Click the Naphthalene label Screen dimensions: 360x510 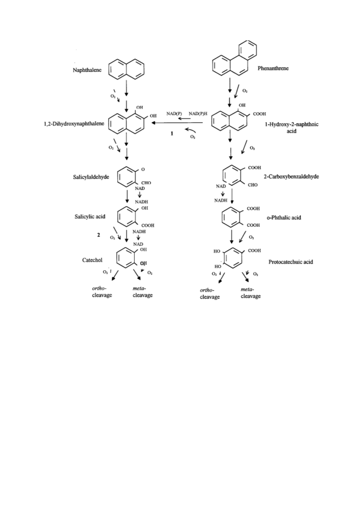point(87,70)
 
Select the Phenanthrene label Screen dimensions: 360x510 point(273,68)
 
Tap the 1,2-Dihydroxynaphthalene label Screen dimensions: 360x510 point(74,124)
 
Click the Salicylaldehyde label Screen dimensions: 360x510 point(91,177)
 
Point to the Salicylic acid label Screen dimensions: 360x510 point(90,217)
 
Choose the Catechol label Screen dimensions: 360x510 point(92,260)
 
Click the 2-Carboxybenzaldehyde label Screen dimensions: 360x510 point(291,177)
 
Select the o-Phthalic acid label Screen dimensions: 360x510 point(284,218)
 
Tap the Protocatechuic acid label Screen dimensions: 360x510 point(291,262)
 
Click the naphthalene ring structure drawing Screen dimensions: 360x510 point(126,69)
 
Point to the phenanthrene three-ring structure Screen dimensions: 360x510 point(234,58)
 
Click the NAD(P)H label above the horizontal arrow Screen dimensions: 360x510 point(198,114)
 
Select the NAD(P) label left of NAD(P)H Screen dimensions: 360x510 point(174,114)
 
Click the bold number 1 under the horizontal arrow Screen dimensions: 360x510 point(172,134)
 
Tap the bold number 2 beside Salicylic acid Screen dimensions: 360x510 point(99,235)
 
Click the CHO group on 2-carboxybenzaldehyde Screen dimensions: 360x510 point(253,185)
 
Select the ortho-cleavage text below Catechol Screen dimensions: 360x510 point(102,292)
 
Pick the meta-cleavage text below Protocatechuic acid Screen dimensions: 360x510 point(251,293)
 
